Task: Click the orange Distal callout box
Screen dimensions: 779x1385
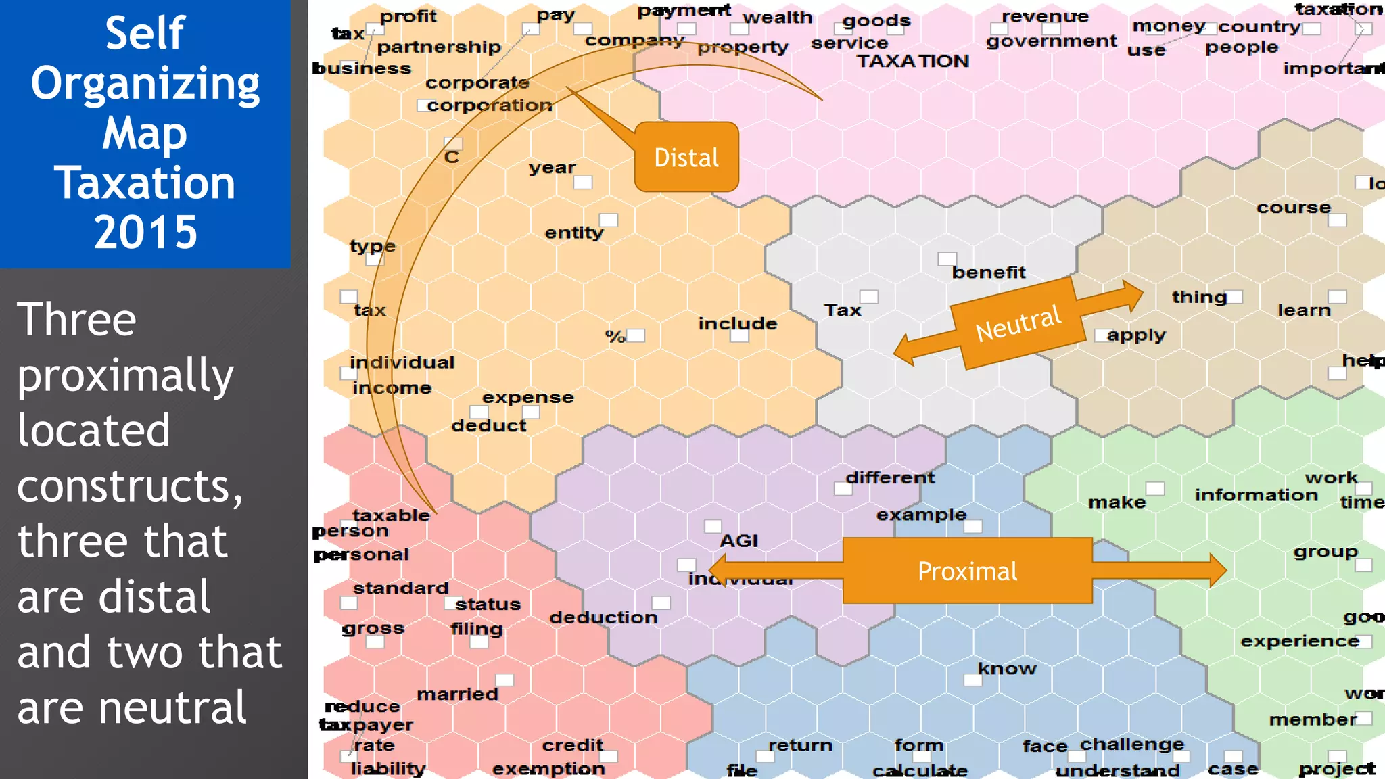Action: click(686, 157)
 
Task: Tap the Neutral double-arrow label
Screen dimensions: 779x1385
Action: click(1018, 323)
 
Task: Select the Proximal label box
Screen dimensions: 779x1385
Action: click(967, 571)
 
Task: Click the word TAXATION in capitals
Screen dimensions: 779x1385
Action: click(913, 61)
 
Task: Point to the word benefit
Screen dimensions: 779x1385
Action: click(989, 273)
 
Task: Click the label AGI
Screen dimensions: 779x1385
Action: click(738, 541)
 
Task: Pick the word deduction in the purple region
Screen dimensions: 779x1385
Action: click(603, 617)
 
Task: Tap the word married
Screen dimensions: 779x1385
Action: click(457, 694)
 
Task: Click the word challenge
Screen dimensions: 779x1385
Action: click(1132, 745)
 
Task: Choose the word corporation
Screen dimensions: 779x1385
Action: click(490, 105)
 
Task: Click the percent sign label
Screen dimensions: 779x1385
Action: click(615, 336)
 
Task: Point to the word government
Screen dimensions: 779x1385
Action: click(1052, 41)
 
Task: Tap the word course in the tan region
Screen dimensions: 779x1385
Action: click(1294, 208)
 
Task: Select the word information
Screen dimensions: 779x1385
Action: click(1257, 495)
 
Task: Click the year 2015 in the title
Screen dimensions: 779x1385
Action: click(145, 232)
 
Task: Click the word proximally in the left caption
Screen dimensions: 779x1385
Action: click(125, 376)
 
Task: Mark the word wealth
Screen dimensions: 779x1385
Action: click(778, 18)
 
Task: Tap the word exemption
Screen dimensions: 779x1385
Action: click(548, 769)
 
